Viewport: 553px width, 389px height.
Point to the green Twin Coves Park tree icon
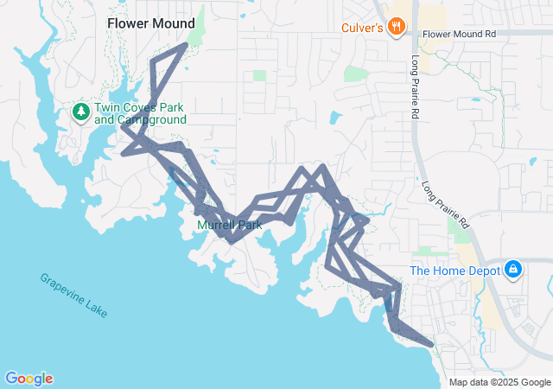[x=80, y=111]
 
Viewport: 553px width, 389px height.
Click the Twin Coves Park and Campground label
[x=140, y=113]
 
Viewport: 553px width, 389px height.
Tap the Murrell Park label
[x=229, y=225]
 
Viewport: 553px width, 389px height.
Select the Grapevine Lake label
[x=73, y=295]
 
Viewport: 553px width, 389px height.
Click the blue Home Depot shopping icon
[x=513, y=270]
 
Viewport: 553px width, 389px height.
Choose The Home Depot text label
[x=455, y=271]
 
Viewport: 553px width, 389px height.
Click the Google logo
[x=29, y=379]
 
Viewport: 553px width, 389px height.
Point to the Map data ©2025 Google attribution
[x=499, y=382]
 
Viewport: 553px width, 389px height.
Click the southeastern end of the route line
[x=430, y=344]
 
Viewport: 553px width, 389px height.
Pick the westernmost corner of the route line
[x=123, y=155]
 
